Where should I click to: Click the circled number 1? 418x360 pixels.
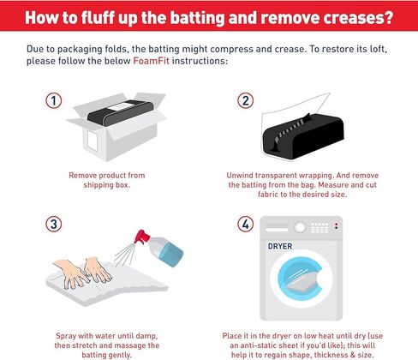54,100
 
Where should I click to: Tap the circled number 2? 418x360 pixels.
246,100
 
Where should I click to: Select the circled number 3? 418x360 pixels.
54,224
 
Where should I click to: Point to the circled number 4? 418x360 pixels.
246,224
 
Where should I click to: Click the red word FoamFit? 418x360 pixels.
151,61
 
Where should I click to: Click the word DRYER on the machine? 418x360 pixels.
280,246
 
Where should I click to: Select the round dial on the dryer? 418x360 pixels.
300,227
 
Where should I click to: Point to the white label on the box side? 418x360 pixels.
93,141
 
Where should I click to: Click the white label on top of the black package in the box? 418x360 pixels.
121,106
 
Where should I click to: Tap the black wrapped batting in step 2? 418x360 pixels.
302,136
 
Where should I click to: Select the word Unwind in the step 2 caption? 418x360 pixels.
239,175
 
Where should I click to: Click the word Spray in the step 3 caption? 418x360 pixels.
65,336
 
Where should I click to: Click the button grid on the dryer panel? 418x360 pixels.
319,228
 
